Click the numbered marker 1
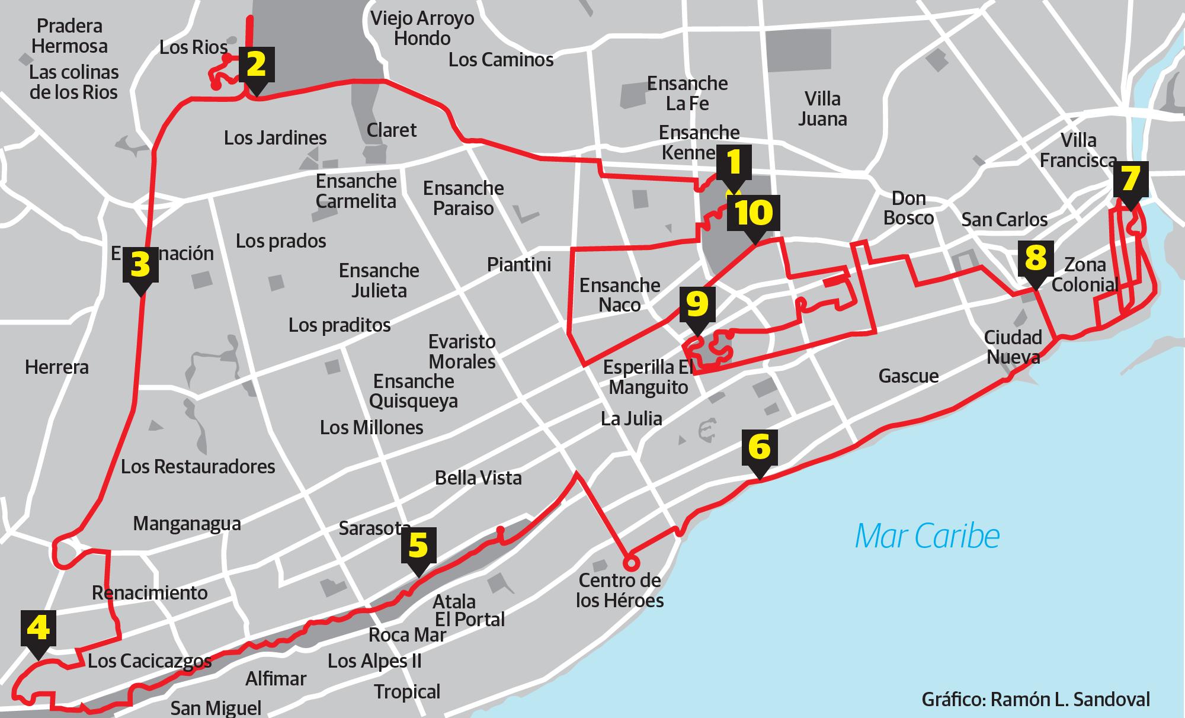(x=734, y=163)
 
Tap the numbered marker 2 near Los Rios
(x=256, y=65)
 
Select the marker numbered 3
(x=140, y=265)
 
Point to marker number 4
(x=39, y=628)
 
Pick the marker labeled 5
(x=418, y=546)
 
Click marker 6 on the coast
(x=759, y=447)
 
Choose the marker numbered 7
(x=1130, y=179)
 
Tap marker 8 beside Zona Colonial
(x=1035, y=258)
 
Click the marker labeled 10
(x=754, y=213)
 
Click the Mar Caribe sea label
(x=927, y=536)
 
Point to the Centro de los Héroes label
(x=620, y=590)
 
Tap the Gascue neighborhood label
(x=908, y=376)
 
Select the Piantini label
(x=519, y=264)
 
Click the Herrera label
(x=57, y=367)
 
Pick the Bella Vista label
(x=478, y=478)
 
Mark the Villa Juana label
(x=822, y=108)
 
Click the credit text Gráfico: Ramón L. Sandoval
(x=1036, y=699)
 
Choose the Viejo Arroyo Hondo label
(x=422, y=28)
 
